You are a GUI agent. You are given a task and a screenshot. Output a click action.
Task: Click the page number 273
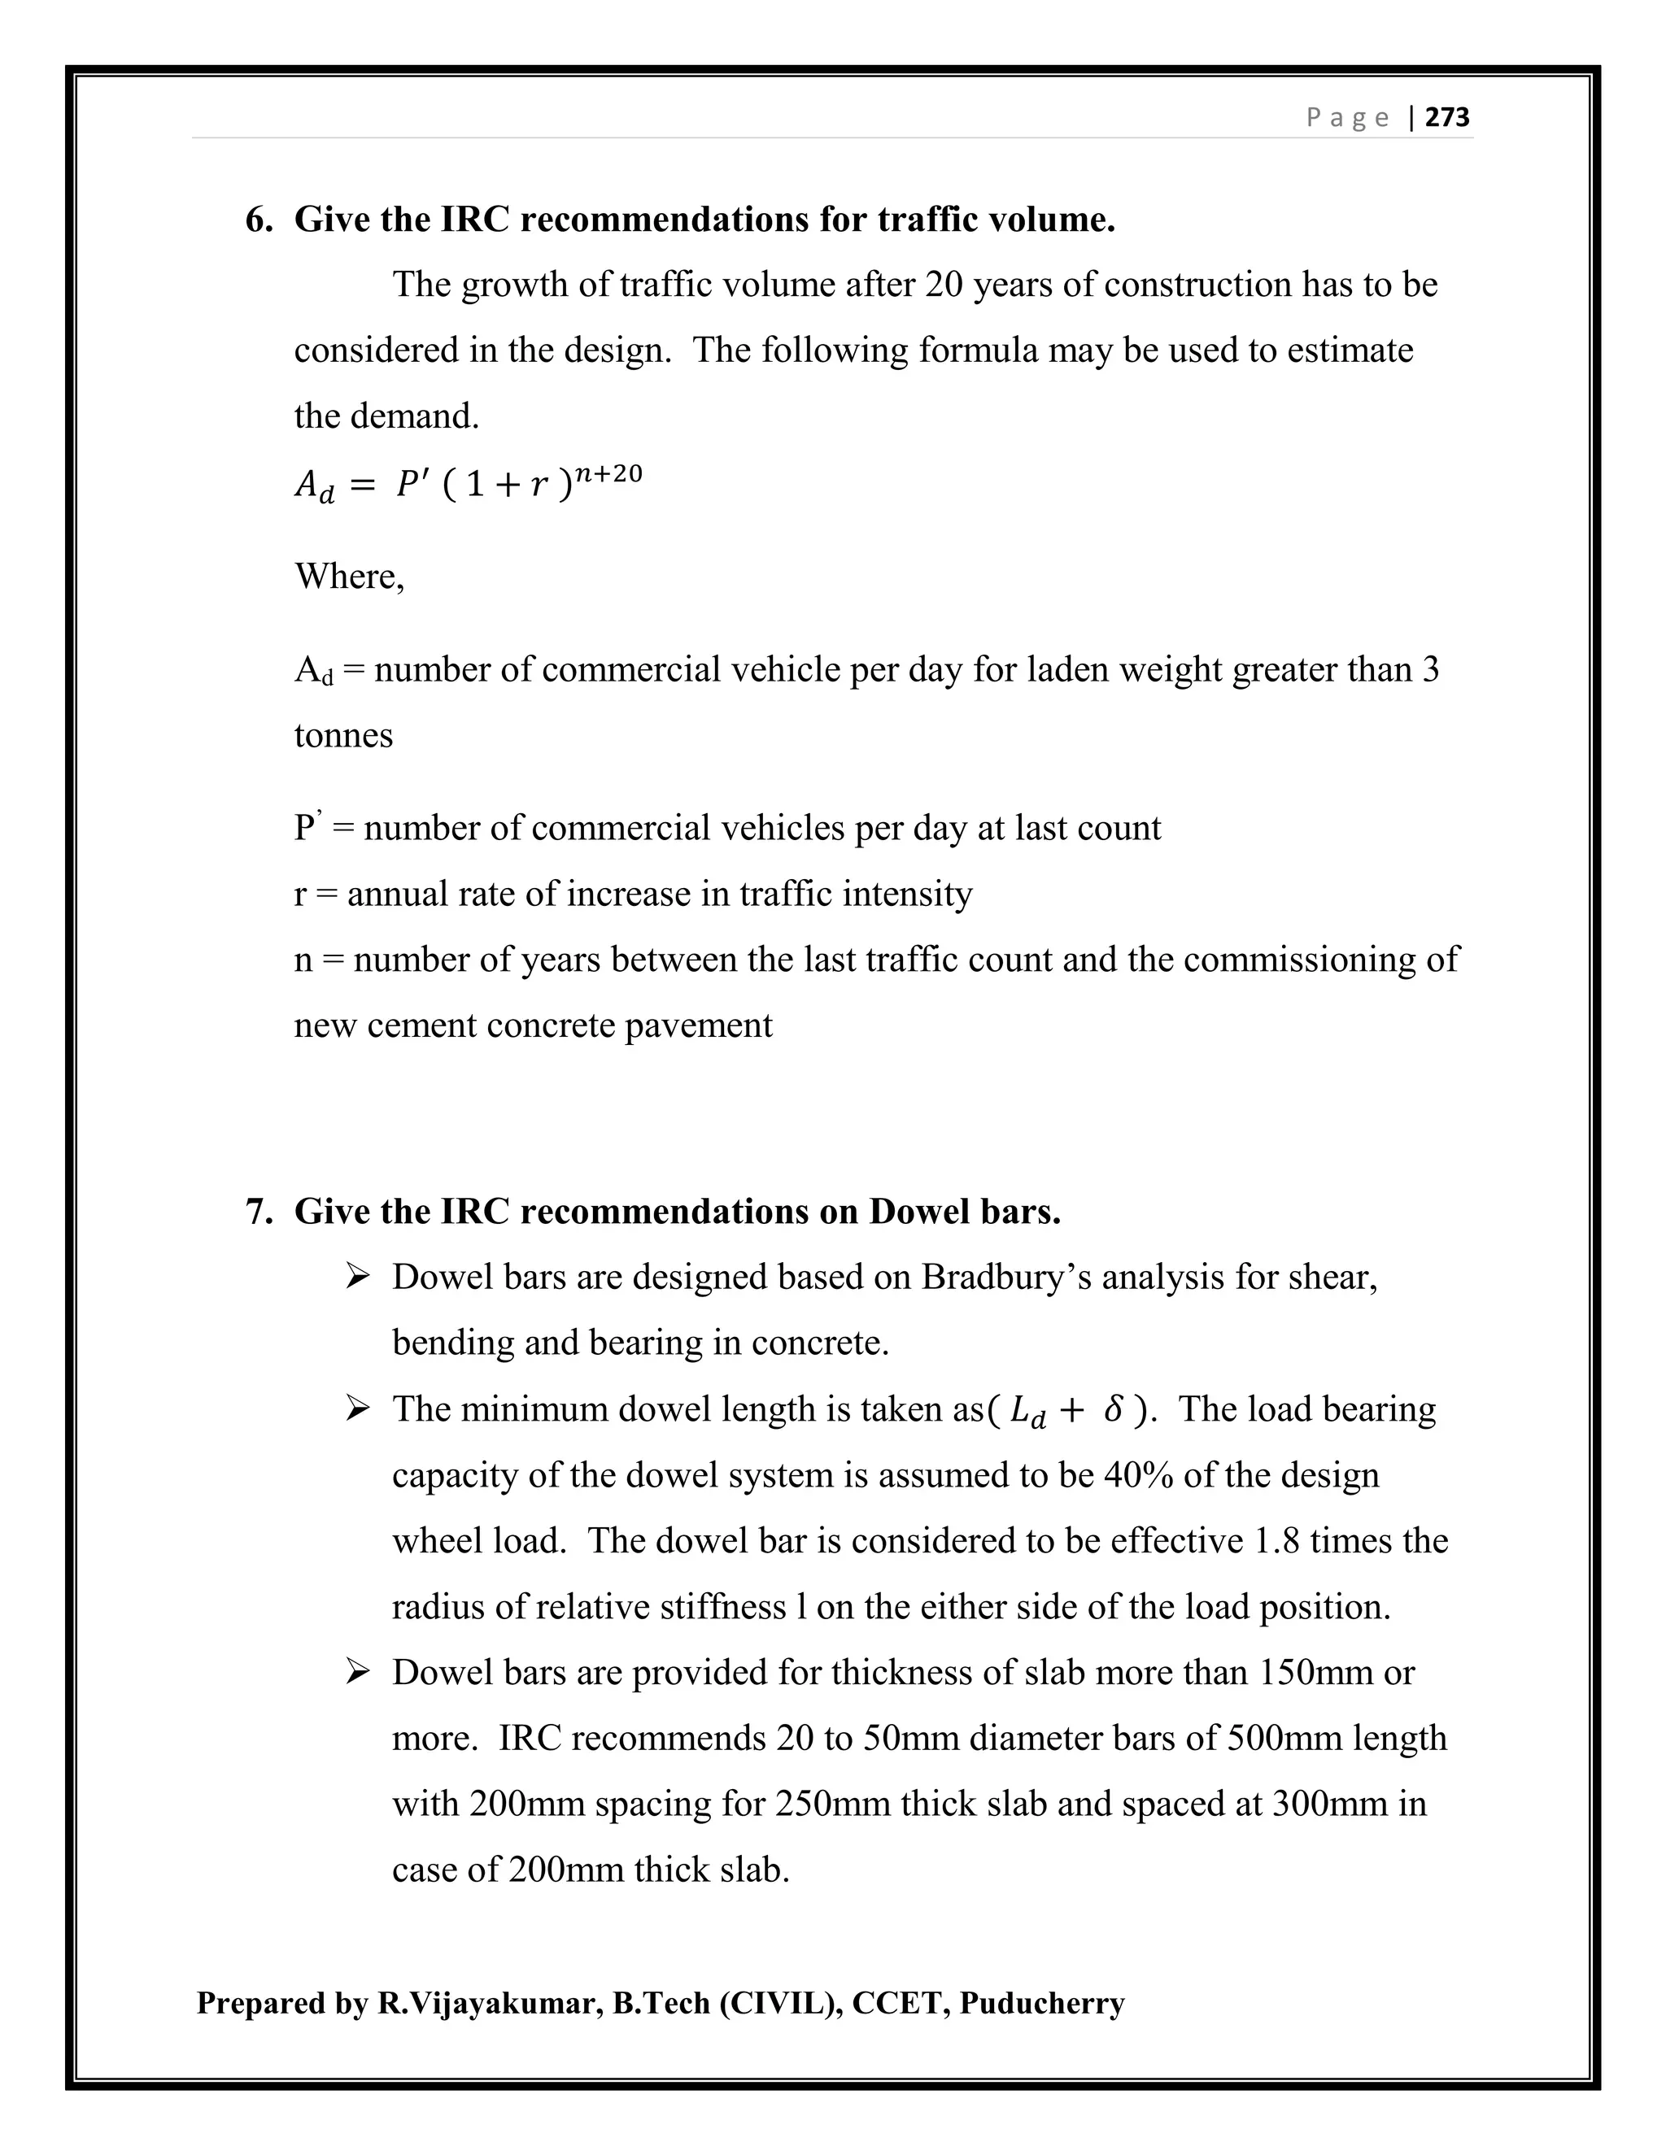click(x=1448, y=117)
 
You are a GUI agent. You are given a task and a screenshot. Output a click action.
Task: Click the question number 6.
click(x=258, y=219)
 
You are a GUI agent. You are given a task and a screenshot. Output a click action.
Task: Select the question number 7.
click(x=258, y=1211)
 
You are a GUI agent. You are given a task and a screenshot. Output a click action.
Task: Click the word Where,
click(x=349, y=575)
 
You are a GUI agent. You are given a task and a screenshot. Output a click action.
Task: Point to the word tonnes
click(x=343, y=735)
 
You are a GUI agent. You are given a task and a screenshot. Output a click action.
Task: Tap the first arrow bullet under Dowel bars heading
click(x=357, y=1277)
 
